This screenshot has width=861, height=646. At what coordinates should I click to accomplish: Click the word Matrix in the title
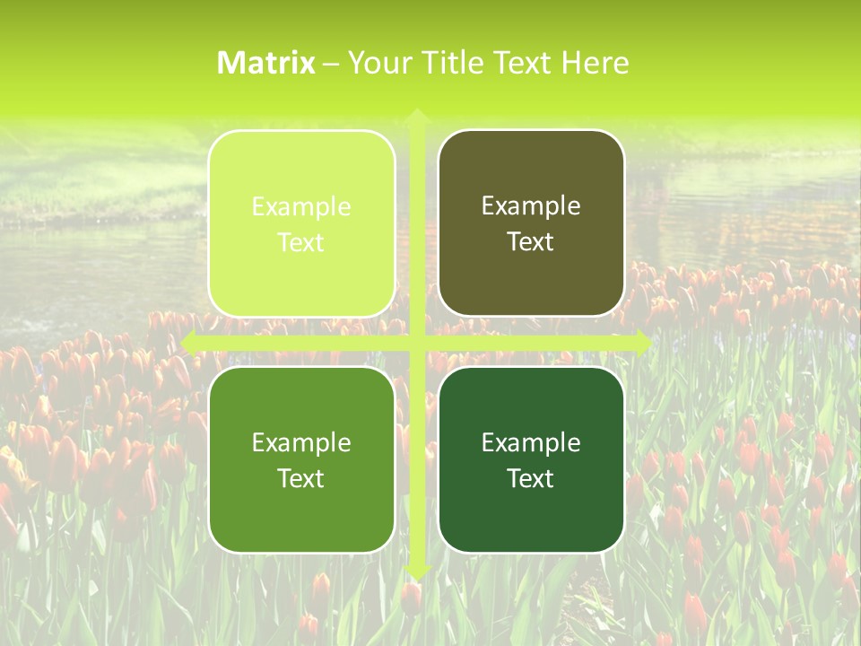(266, 63)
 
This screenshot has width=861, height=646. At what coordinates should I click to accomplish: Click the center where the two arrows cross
(416, 343)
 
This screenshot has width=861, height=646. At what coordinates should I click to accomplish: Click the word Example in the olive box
(531, 206)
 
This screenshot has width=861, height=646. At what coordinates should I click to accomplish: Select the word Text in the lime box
(301, 243)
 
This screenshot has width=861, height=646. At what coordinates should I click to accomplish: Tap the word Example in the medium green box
(301, 442)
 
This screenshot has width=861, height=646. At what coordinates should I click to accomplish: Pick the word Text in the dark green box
(531, 479)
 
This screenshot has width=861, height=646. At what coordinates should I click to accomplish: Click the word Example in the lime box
(301, 206)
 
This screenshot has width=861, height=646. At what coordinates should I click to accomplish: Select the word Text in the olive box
(531, 242)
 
